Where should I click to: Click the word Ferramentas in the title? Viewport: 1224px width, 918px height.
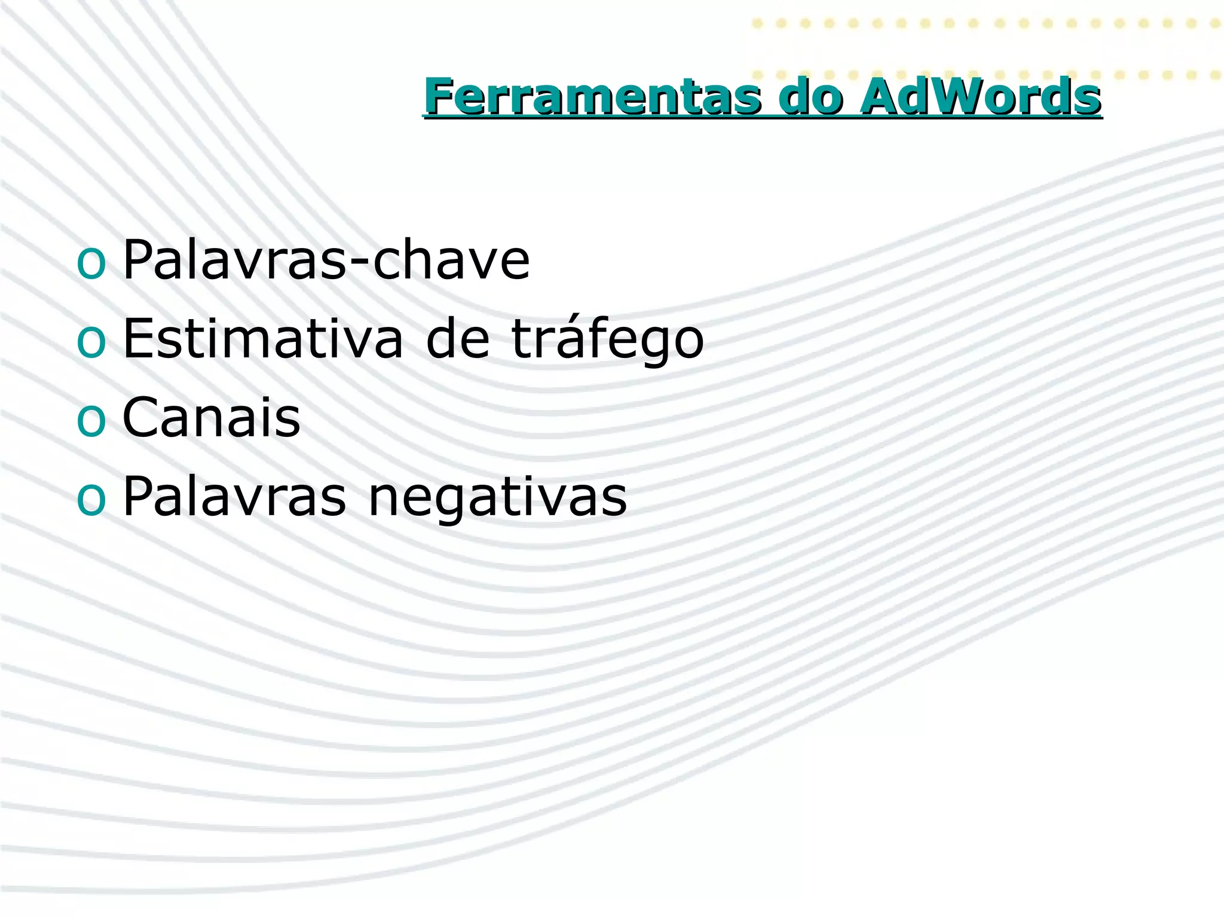click(x=592, y=97)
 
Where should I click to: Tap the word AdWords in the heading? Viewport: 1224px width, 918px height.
click(x=980, y=97)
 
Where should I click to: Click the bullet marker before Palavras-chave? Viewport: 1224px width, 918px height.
click(x=91, y=263)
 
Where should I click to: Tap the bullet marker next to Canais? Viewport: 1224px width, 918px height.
click(x=91, y=421)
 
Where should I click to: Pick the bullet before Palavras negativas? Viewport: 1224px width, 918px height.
click(x=91, y=500)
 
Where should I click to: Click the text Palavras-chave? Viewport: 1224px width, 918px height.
click(x=326, y=260)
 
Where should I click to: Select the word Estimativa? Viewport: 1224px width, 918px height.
click(x=263, y=339)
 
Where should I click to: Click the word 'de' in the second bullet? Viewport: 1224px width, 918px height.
click(x=458, y=339)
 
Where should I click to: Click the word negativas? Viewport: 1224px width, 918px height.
click(x=497, y=497)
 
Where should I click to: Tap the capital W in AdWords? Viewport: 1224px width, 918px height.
click(x=939, y=97)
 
